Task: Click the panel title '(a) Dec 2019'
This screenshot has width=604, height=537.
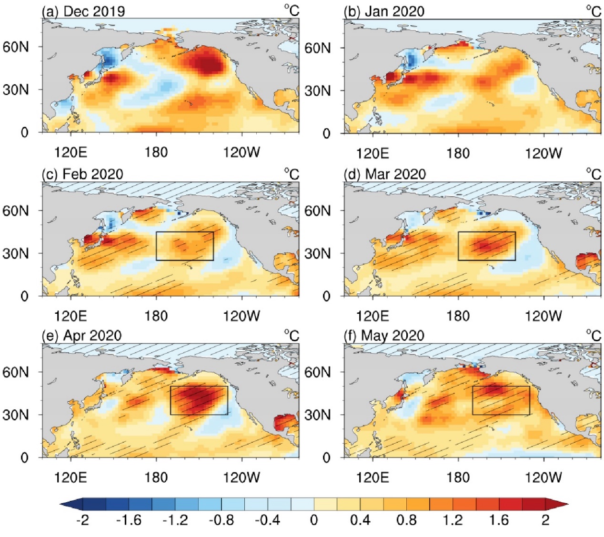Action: pos(83,11)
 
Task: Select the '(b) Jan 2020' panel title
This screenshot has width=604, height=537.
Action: pos(384,11)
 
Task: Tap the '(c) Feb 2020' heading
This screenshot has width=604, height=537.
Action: pos(82,174)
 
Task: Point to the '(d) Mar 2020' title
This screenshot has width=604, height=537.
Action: pos(384,174)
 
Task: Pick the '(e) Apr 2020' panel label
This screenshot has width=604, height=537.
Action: pos(81,336)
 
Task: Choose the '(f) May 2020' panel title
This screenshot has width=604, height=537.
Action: pos(384,336)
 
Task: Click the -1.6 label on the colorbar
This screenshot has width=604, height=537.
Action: pos(129,519)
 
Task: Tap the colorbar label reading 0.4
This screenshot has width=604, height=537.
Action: pos(360,519)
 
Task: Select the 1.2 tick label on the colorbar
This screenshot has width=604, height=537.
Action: pos(453,519)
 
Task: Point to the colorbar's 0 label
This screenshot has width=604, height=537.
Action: pos(314,519)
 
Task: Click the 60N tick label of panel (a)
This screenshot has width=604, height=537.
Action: pos(16,47)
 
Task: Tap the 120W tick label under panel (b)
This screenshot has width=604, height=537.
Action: pos(544,153)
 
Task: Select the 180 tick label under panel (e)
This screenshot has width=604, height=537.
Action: pos(156,477)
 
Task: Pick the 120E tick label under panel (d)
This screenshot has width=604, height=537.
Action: pos(372,316)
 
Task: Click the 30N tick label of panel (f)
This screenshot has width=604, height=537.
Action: pos(318,415)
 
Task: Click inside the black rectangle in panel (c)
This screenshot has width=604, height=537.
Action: pos(185,246)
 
